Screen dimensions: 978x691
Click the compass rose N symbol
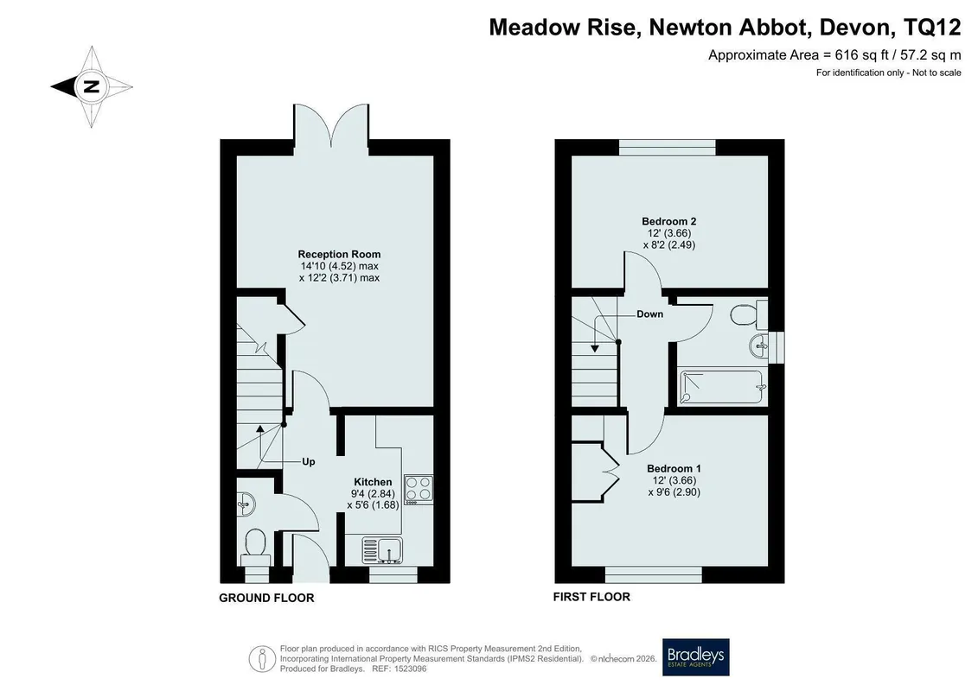92,86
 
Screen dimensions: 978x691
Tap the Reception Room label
339,254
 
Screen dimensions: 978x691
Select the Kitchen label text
373,482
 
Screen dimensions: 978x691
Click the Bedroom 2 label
669,221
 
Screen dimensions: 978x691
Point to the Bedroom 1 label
674,468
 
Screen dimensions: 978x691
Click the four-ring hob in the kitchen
419,489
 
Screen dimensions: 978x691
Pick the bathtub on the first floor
724,387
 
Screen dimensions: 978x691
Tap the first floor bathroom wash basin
760,345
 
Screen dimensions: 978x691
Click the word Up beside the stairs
308,462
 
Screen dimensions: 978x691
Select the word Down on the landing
650,314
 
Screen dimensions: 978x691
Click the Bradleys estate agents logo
695,657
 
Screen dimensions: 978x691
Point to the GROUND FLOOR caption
266,599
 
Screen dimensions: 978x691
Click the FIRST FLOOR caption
591,597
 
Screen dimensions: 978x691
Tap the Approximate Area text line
834,54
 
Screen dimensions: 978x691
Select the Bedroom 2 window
668,147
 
